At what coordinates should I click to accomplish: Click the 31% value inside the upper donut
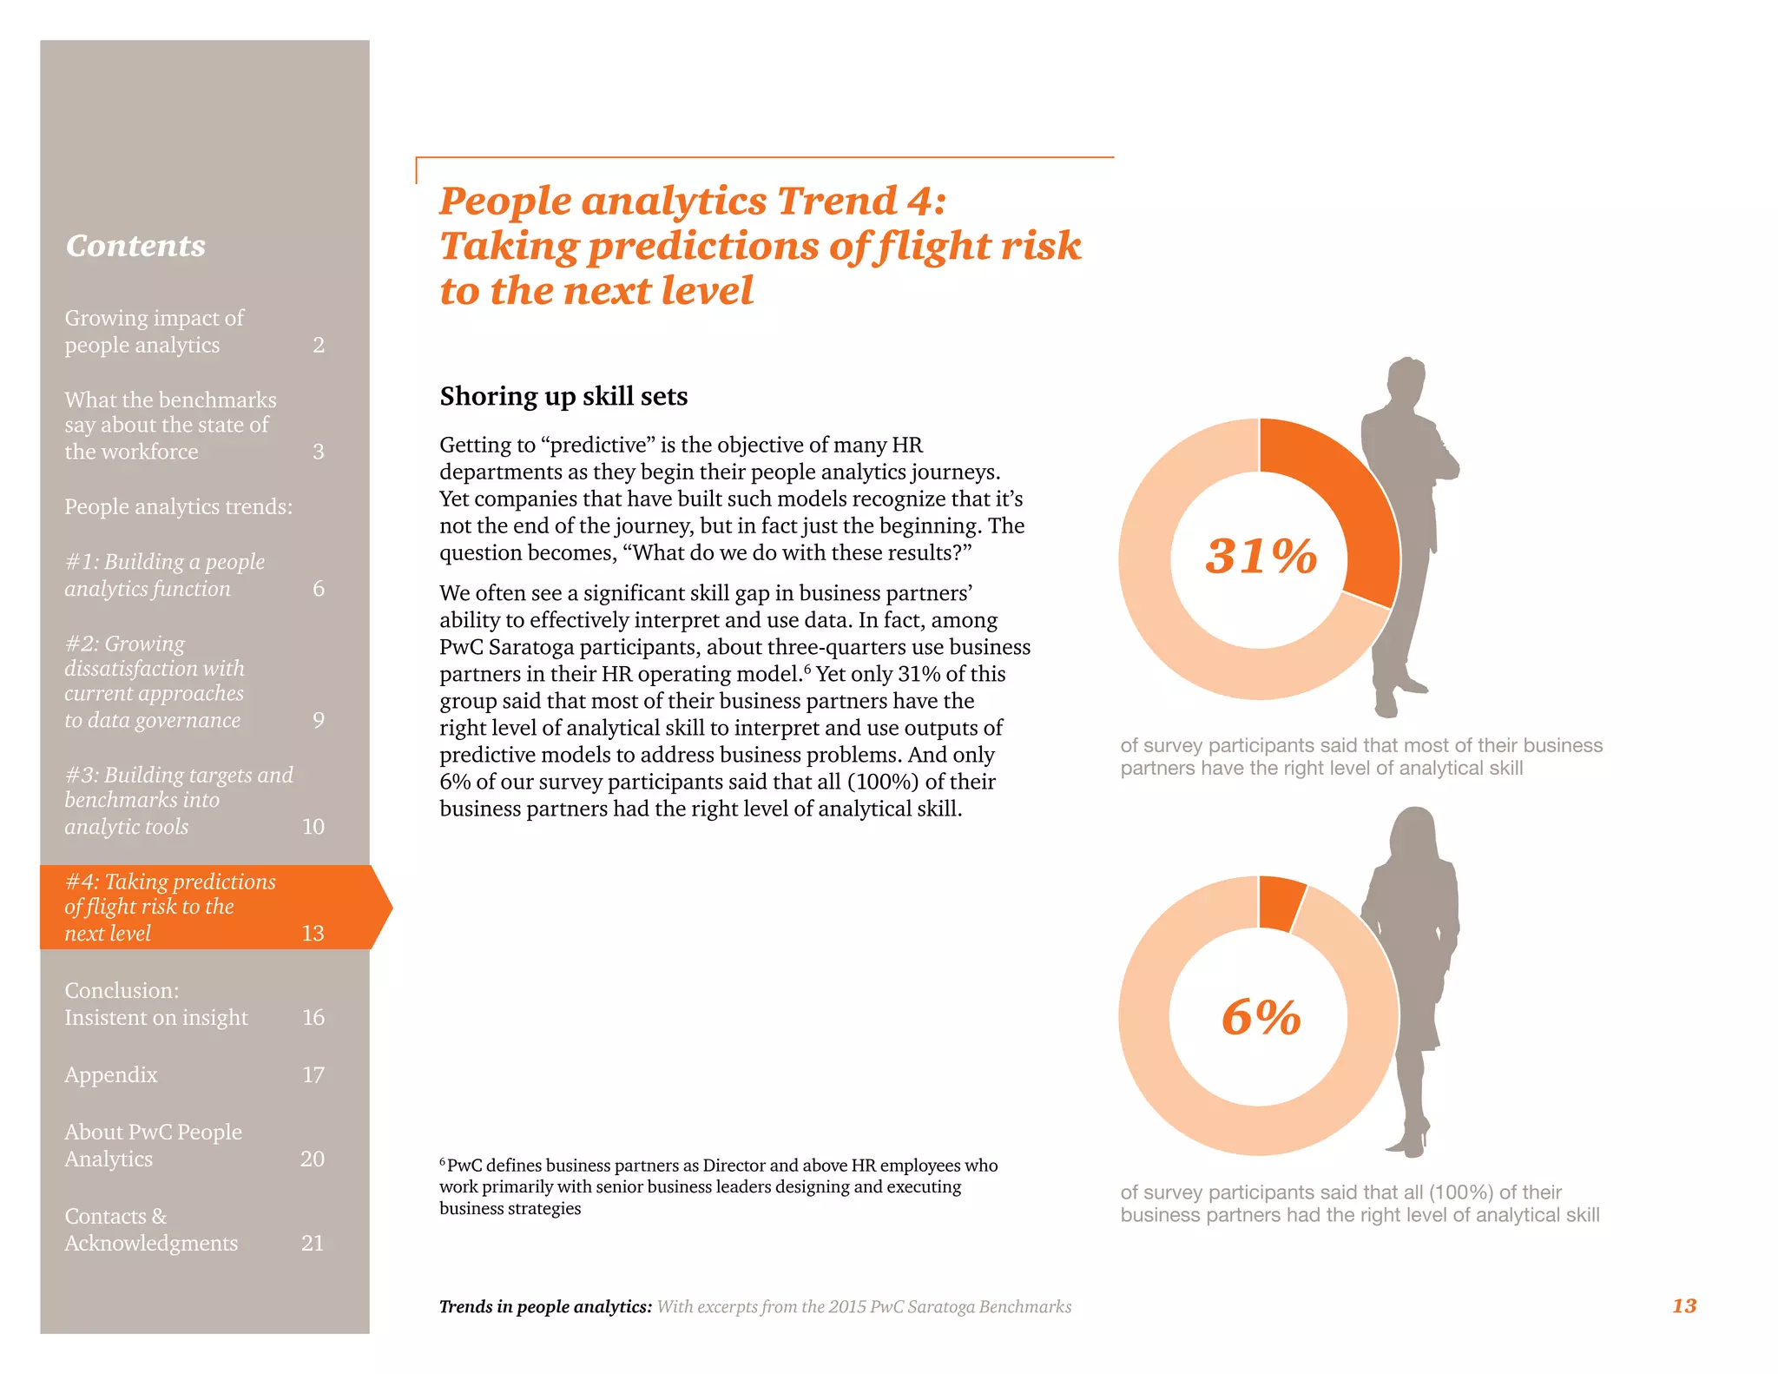1261,556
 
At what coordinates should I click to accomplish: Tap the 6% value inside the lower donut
1261,1017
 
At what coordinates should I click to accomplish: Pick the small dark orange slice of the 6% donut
1280,902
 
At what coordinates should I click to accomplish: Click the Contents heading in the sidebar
135,246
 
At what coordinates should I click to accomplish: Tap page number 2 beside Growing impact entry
319,346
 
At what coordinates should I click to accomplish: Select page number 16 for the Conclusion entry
313,1017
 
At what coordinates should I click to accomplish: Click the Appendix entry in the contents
111,1075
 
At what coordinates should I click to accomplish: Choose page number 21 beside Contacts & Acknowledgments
313,1244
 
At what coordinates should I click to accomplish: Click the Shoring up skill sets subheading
563,396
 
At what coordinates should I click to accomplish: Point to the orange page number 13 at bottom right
1683,1305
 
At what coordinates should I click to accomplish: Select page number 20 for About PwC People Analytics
313,1159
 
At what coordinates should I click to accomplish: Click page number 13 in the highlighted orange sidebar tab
313,934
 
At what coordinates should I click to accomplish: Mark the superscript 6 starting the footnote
443,1161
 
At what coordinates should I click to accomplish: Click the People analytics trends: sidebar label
178,506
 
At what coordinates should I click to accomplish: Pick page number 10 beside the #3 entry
313,827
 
